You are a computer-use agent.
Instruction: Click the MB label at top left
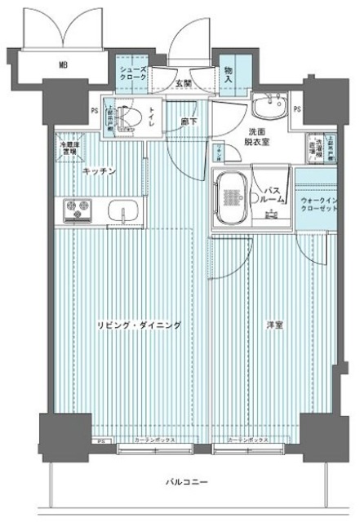pyautogui.click(x=62, y=63)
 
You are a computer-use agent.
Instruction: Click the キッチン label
pyautogui.click(x=100, y=170)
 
